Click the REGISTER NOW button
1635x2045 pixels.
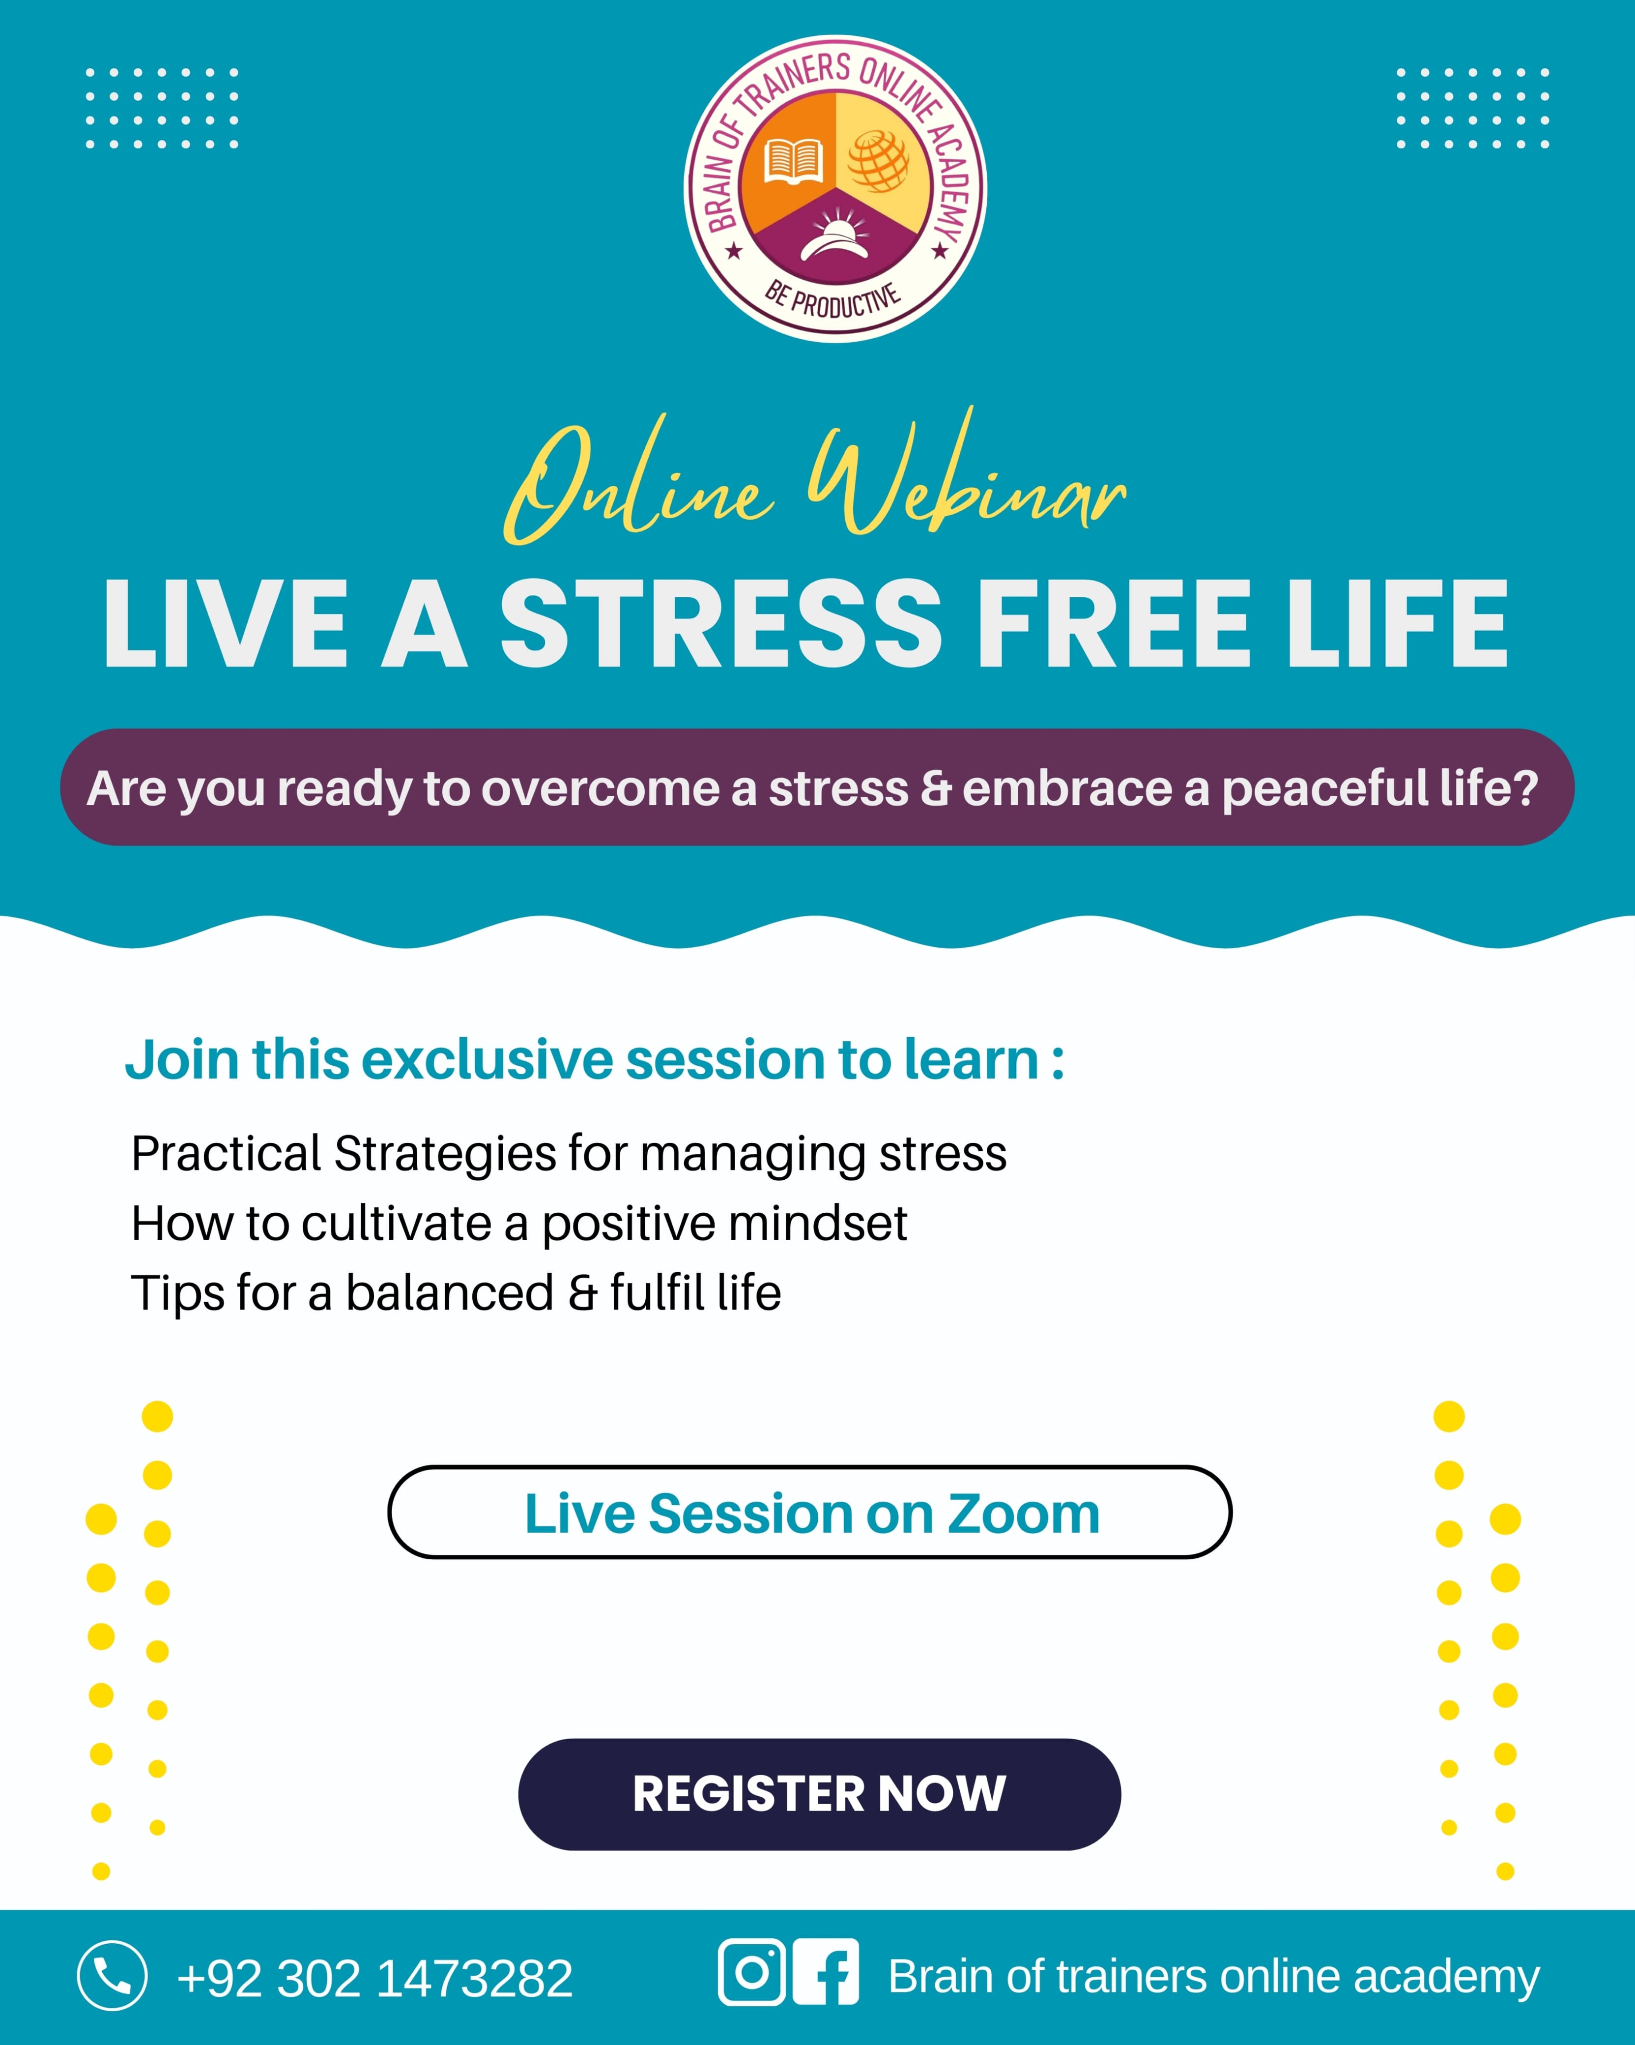coord(819,1794)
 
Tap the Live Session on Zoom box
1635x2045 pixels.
coord(810,1512)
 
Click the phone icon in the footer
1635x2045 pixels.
coord(112,1976)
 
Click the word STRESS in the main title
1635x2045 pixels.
coord(721,623)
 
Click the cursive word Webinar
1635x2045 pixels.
coord(967,474)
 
